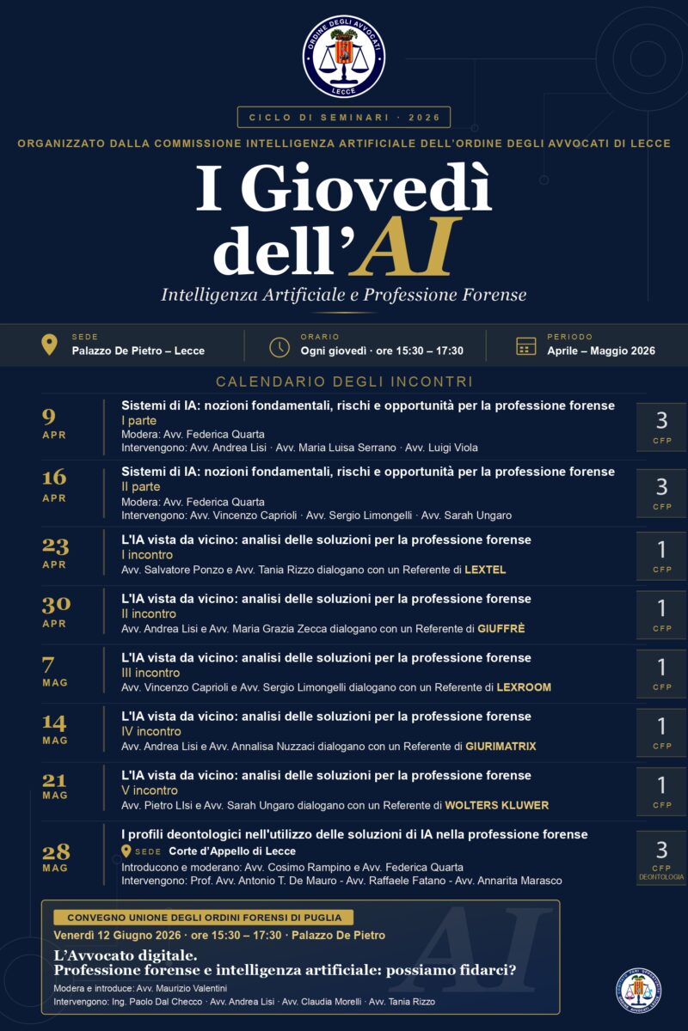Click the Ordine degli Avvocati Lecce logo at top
(x=344, y=57)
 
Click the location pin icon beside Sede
(x=50, y=345)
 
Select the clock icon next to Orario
(x=279, y=346)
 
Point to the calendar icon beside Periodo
(x=525, y=345)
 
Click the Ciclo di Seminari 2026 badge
(x=344, y=117)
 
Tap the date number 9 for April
(x=49, y=418)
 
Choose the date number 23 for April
(x=55, y=546)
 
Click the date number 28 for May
(x=55, y=851)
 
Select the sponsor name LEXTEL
(x=485, y=570)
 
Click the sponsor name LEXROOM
(x=524, y=687)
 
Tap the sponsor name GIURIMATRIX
(x=501, y=747)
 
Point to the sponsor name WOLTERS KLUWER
(x=496, y=805)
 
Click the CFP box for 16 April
(x=661, y=493)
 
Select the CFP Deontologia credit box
(x=661, y=857)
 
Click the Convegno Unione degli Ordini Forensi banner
(x=204, y=918)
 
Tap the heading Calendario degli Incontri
(x=344, y=381)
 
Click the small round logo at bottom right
(x=638, y=991)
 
